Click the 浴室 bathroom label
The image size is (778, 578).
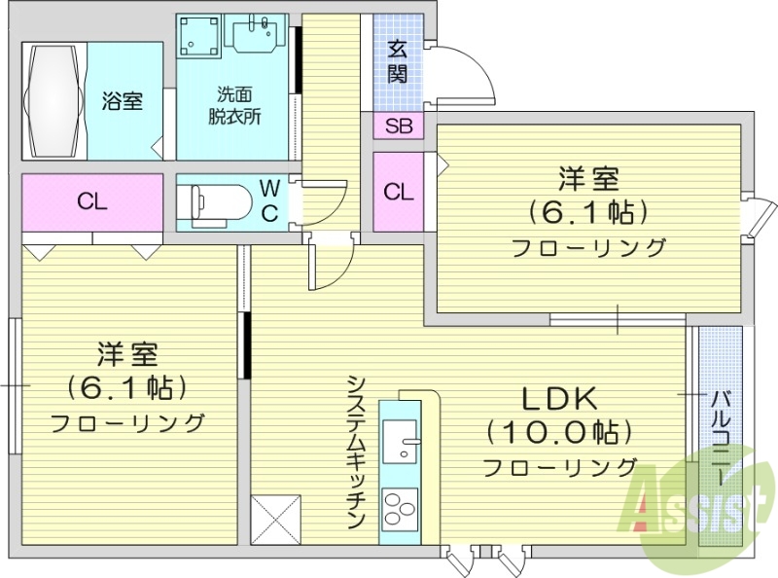click(x=124, y=101)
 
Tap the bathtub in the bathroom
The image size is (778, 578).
click(x=53, y=100)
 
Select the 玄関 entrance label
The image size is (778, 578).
click(x=398, y=61)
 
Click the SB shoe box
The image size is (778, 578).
click(x=398, y=126)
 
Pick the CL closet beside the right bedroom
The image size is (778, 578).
click(x=398, y=192)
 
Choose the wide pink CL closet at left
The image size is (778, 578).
click(x=92, y=202)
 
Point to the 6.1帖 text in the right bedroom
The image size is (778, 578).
click(x=588, y=211)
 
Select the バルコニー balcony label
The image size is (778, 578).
click(x=721, y=438)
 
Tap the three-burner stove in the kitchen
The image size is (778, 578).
click(x=400, y=507)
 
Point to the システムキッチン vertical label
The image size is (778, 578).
click(x=356, y=452)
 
